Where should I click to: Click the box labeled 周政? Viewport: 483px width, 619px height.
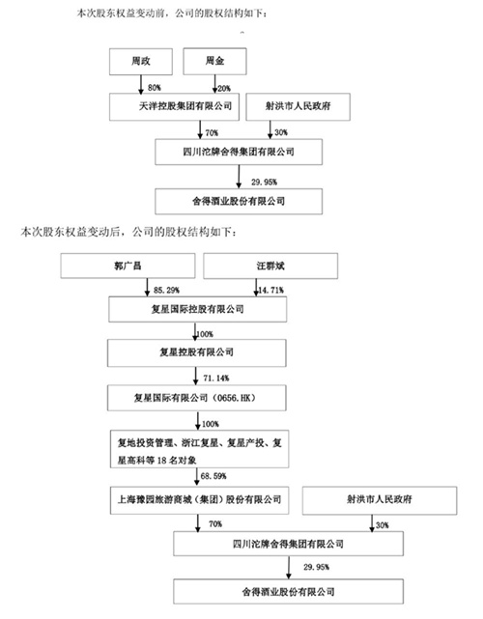(141, 63)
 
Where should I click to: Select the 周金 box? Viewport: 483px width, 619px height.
(212, 63)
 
